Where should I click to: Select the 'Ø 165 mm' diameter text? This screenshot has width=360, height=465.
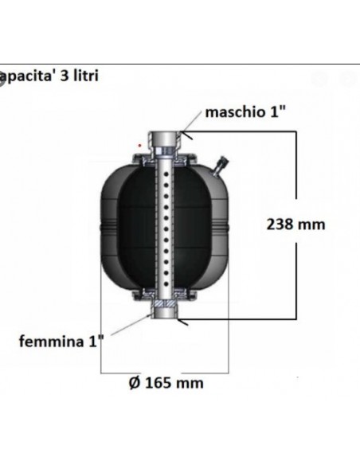pyautogui.click(x=165, y=383)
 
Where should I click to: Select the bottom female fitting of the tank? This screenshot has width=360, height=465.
pyautogui.click(x=166, y=315)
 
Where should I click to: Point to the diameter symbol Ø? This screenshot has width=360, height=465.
pyautogui.click(x=133, y=383)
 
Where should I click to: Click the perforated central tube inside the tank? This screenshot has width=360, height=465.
pyautogui.click(x=166, y=231)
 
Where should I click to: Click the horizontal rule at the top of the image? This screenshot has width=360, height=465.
pyautogui.click(x=180, y=63)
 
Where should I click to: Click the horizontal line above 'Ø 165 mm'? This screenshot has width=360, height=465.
pyautogui.click(x=165, y=371)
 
